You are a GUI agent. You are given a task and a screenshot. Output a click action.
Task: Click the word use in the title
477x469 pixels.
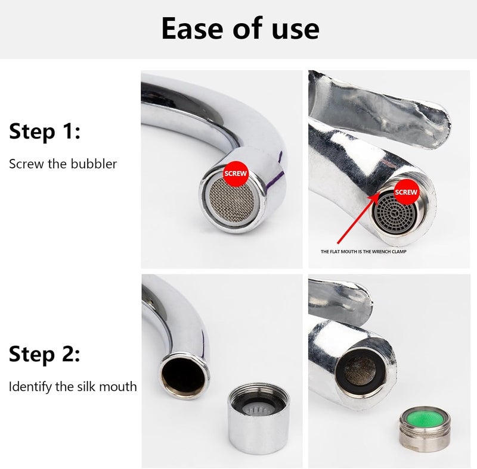296,31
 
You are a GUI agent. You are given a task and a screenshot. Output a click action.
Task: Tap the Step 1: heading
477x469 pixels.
45,132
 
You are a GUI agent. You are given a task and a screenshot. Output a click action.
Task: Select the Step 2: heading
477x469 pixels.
44,354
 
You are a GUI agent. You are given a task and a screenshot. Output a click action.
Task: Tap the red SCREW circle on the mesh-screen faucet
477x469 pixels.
236,174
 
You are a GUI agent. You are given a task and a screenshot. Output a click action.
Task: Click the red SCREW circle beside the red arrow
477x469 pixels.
406,192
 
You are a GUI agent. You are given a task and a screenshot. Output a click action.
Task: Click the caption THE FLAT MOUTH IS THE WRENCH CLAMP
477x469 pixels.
364,252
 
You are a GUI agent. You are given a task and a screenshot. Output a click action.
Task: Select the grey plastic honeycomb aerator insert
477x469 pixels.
395,213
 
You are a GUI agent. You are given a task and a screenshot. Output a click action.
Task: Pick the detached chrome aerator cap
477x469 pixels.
259,418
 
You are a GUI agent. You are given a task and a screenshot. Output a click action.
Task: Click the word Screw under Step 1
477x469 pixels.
26,164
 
